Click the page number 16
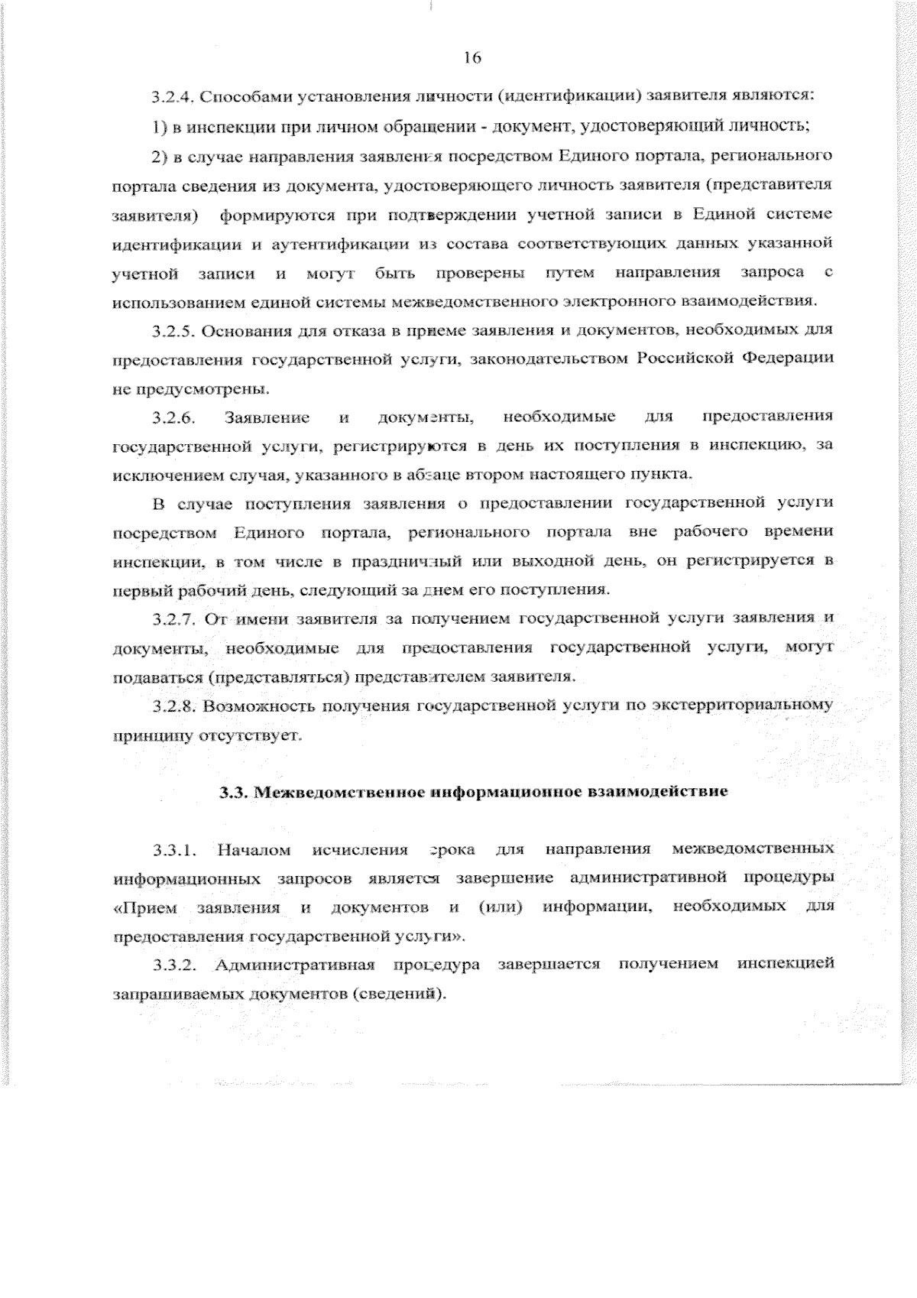click(471, 57)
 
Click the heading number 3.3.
click(232, 792)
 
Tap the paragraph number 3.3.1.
click(175, 850)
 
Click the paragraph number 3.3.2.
click(175, 965)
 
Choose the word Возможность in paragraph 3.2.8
click(254, 706)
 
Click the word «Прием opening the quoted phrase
click(144, 908)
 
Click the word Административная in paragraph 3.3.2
click(294, 965)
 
